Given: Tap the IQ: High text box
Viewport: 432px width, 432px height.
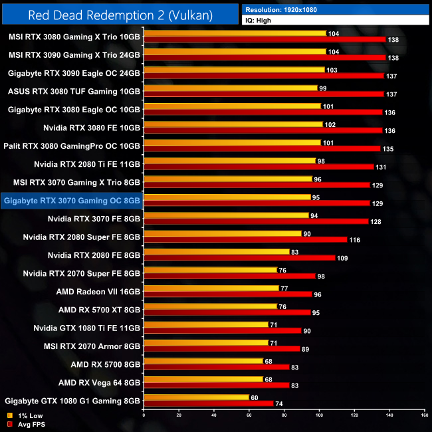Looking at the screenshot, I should (x=260, y=21).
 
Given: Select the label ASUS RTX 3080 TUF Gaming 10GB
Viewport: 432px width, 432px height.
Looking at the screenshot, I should (x=74, y=91).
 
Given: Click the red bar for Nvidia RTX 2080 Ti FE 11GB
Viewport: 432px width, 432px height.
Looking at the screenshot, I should (x=259, y=167).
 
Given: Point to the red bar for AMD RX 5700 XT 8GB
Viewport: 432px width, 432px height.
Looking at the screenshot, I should (x=227, y=312).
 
